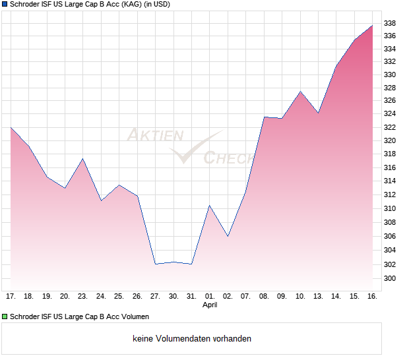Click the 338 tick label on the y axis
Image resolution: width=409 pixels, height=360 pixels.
[389, 23]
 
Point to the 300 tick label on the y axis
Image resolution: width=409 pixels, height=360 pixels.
[389, 279]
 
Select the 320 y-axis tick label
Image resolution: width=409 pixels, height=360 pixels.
[389, 140]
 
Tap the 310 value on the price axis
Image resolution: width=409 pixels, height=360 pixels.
[389, 208]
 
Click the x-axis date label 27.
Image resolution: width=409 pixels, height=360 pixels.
[155, 296]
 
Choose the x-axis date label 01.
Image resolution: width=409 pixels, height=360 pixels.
[210, 296]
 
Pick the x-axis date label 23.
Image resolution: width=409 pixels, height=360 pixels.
[82, 296]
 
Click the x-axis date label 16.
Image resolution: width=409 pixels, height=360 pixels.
[372, 296]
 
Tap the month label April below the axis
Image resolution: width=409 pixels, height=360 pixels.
[210, 305]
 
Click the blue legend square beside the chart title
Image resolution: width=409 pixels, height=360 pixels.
[5, 5]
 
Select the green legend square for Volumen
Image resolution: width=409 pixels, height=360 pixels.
[5, 316]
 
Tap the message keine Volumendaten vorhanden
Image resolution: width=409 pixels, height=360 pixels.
[192, 339]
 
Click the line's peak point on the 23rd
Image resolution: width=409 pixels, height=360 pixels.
[82, 158]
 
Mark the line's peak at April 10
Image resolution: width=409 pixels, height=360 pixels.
[300, 92]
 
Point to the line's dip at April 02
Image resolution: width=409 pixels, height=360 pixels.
[228, 236]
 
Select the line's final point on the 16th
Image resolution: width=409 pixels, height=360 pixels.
[372, 26]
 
